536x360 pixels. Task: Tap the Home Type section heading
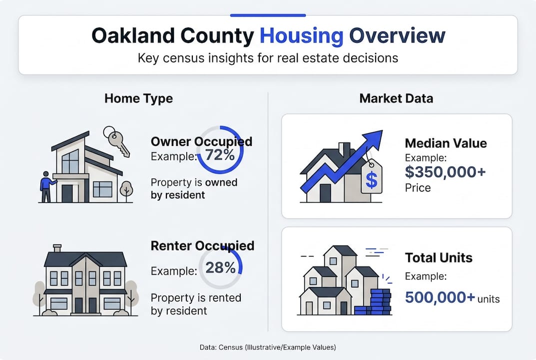138,98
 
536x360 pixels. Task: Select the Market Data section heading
396,98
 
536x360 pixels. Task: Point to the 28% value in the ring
220,268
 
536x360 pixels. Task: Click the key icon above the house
116,140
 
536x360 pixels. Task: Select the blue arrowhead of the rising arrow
372,139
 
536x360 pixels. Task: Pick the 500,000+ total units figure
440,297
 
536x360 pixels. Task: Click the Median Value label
446,143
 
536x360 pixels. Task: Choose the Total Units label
439,258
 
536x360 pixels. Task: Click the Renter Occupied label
202,246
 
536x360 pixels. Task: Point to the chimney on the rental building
57,248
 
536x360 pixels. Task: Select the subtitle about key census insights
268,58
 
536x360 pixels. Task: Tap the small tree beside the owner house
126,190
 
